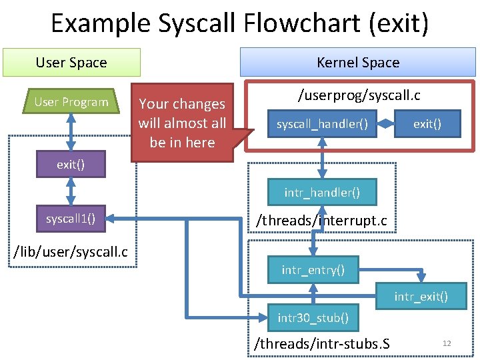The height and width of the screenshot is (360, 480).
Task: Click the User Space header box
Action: (71, 63)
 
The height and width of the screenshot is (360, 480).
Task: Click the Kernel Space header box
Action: (358, 63)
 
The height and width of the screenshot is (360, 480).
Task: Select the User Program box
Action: (71, 102)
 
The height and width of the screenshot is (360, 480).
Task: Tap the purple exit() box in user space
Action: (71, 164)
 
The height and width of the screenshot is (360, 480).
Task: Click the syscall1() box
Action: (71, 218)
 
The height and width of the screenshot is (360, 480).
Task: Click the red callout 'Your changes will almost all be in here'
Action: (182, 123)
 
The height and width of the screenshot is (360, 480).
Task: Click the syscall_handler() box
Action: (323, 124)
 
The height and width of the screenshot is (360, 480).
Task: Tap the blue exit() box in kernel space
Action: (427, 124)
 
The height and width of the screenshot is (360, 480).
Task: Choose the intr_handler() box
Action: (322, 193)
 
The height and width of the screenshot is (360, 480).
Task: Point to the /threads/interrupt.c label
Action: (322, 220)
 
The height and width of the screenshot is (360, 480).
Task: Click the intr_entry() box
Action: (313, 270)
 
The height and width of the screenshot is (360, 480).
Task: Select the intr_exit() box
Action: (421, 296)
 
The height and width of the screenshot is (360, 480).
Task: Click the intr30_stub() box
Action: (313, 317)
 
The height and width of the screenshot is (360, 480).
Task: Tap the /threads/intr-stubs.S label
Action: (322, 344)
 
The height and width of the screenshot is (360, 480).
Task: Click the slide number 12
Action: (447, 343)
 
